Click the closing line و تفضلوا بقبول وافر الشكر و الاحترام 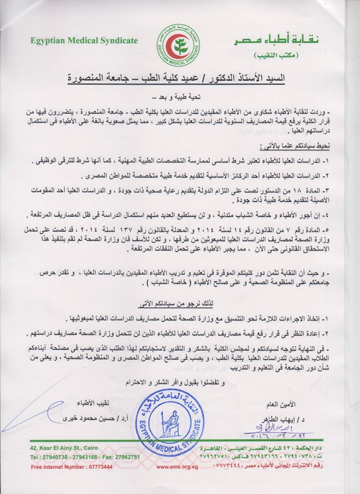tap(180, 382)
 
